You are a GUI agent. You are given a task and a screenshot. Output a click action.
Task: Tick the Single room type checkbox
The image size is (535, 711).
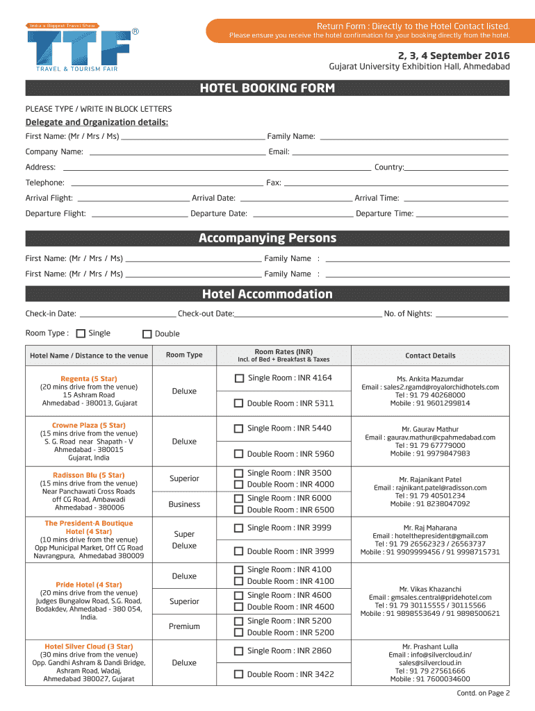click(x=81, y=333)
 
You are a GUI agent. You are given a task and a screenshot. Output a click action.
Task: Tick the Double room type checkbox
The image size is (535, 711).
click(x=147, y=333)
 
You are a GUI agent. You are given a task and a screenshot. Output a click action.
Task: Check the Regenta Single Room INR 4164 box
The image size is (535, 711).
click(x=239, y=378)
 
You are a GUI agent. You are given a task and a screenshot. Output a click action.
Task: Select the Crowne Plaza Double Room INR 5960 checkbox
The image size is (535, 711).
click(x=238, y=454)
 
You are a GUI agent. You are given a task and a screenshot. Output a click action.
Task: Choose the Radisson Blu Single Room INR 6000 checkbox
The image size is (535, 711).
click(x=238, y=499)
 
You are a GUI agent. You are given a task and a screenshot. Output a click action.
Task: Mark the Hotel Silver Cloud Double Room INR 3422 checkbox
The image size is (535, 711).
click(x=238, y=674)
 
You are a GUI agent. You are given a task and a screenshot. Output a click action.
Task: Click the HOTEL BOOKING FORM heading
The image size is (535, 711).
click(x=267, y=88)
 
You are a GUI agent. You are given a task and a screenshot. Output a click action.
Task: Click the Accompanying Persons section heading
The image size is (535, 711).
click(x=267, y=238)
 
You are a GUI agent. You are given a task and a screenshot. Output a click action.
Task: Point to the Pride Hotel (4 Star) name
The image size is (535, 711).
click(x=89, y=585)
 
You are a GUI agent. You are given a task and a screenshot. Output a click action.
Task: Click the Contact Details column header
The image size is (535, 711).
click(x=430, y=355)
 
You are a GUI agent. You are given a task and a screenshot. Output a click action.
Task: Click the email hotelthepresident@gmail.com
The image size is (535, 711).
click(x=430, y=536)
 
